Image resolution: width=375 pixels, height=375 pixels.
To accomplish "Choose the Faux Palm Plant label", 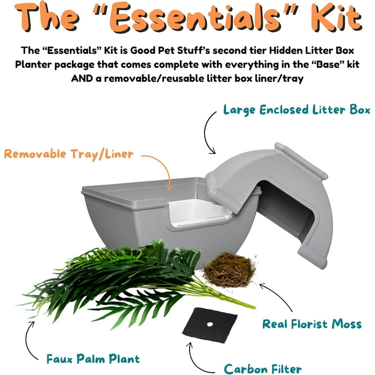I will click(x=93, y=359).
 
